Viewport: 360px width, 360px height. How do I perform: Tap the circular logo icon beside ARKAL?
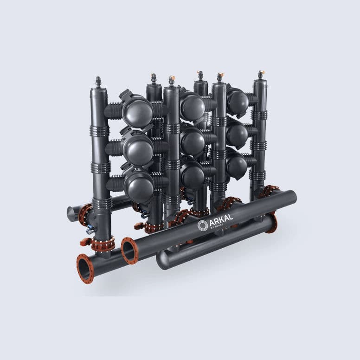[202, 226]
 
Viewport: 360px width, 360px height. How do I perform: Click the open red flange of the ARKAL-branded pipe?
[129, 251]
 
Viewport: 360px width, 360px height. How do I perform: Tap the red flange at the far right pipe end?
[272, 223]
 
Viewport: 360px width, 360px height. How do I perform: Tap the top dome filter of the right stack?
[238, 102]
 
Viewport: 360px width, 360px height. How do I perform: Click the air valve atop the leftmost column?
[98, 82]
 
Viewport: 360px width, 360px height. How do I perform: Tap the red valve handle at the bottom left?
[85, 242]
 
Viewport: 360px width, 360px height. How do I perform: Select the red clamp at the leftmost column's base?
[103, 244]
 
